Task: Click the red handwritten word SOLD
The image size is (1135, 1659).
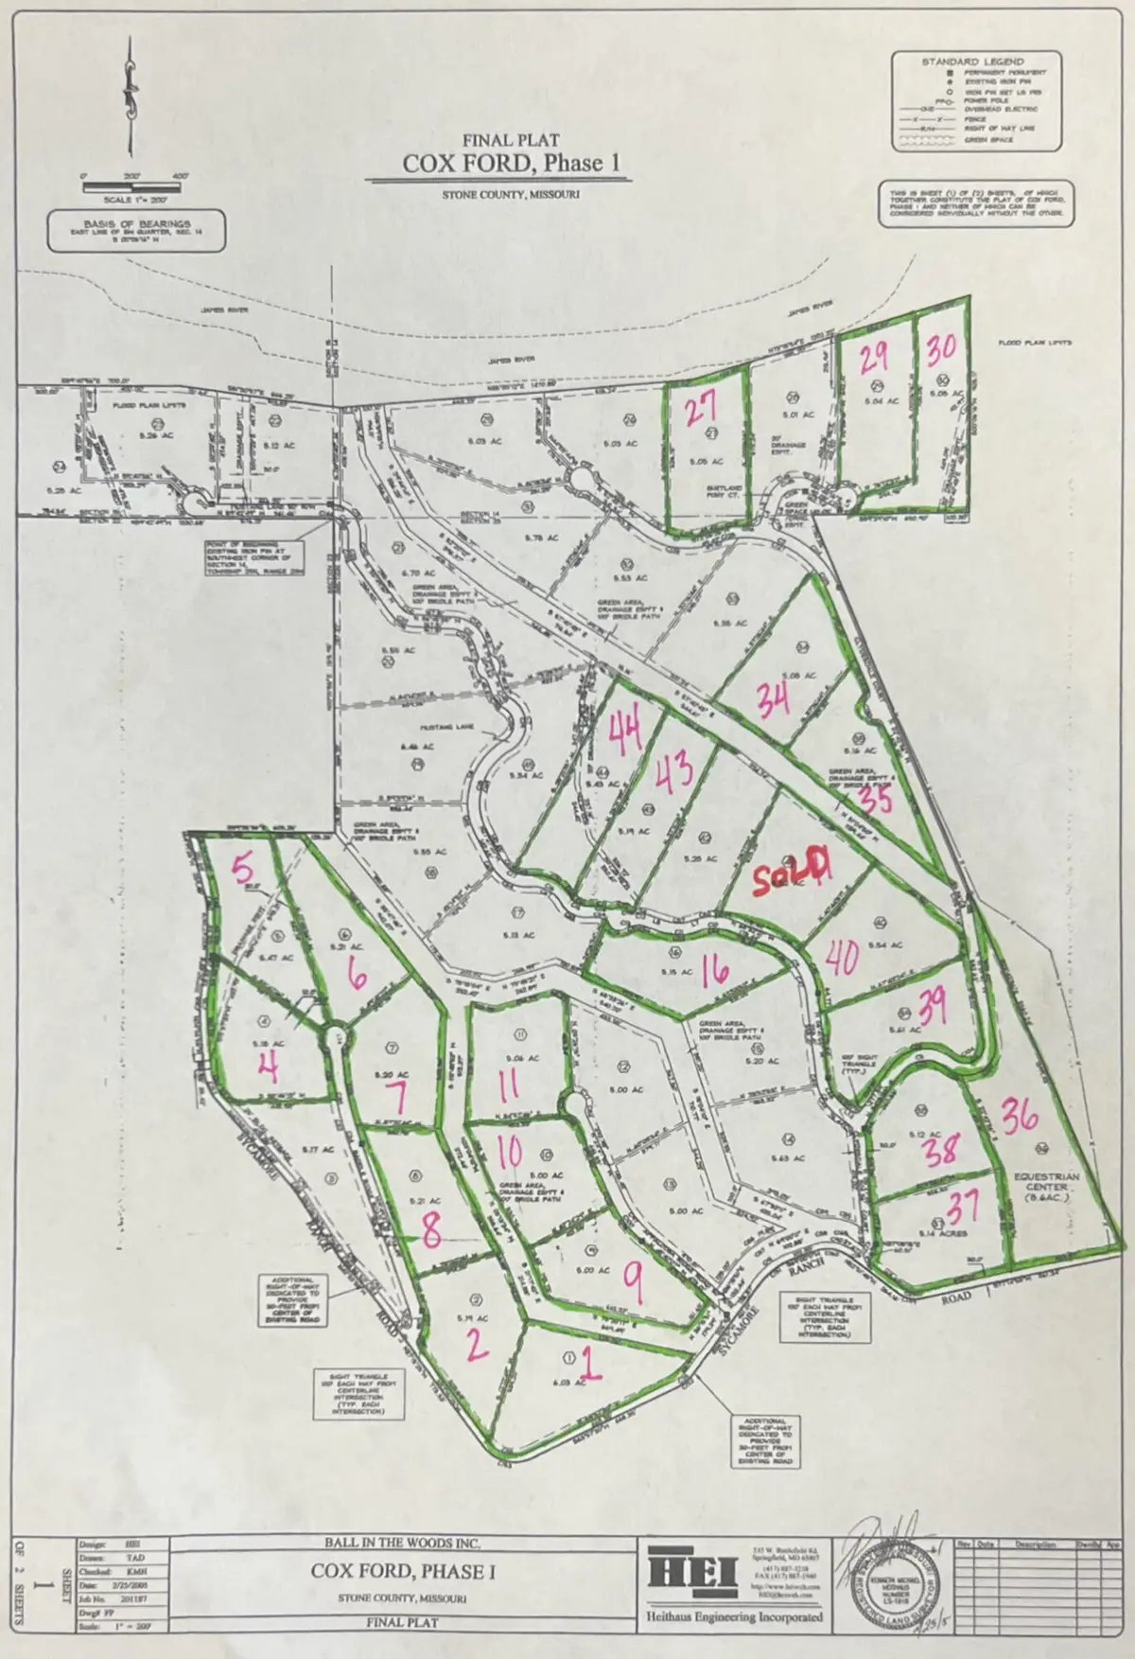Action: click(793, 869)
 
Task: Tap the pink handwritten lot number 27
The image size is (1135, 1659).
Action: click(700, 410)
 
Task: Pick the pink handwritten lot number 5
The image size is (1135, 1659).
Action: click(243, 868)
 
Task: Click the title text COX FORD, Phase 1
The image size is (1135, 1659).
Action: click(515, 163)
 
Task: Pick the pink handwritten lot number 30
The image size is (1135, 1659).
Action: click(941, 348)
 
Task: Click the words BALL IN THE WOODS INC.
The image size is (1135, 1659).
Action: click(402, 1543)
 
